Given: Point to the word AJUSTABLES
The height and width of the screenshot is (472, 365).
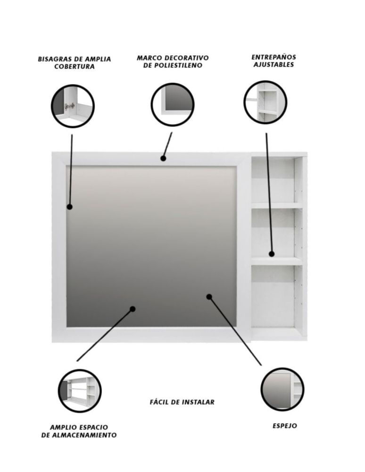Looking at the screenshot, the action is point(274,64).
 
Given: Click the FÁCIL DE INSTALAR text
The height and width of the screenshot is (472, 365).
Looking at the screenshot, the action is point(182,402).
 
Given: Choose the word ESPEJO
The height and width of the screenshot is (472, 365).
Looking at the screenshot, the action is point(285,426).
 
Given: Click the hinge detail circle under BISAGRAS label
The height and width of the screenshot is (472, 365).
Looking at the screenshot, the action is point(73,106).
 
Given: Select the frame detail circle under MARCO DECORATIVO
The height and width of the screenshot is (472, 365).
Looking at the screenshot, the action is point(172,104).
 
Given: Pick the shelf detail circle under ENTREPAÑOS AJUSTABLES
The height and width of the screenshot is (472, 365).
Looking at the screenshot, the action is point(265,102).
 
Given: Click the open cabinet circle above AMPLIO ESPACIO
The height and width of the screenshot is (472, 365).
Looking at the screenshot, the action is point(80,391).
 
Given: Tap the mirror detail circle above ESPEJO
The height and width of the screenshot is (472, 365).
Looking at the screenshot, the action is point(282,389).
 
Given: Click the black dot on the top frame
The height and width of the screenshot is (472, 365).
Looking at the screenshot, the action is point(163,158).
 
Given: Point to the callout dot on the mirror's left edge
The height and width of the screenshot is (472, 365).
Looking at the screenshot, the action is point(70,207).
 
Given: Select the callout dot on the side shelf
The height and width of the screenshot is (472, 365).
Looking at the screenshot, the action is point(272,254).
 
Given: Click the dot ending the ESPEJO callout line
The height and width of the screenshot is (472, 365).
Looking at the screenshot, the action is point(209,297).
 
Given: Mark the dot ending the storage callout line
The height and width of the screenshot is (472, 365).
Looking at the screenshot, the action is point(133,309).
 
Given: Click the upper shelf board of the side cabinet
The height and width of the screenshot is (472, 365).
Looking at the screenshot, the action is point(277,206).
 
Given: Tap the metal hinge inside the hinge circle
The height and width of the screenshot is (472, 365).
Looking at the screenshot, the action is point(69,106).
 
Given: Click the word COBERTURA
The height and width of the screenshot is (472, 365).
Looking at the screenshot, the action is point(75,67).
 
